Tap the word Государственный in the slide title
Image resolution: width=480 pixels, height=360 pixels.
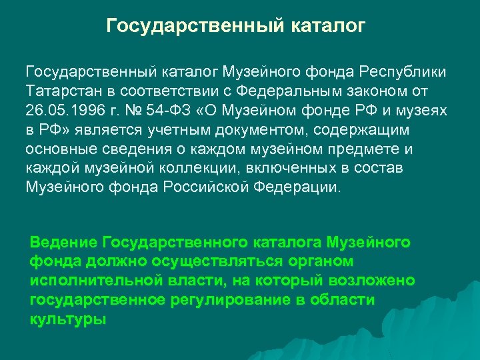197,27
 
